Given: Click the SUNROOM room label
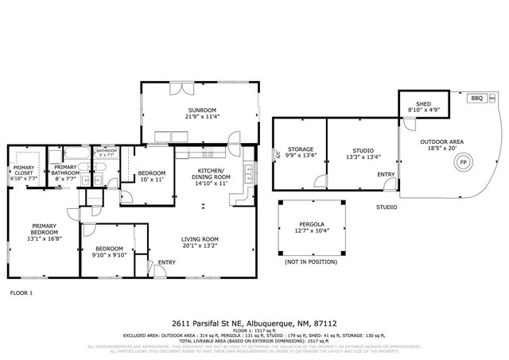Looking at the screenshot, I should (x=182, y=110).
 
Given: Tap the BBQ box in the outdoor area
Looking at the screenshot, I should (x=477, y=98).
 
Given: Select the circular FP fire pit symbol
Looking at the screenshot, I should (x=462, y=164).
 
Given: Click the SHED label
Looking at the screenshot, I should (x=420, y=103).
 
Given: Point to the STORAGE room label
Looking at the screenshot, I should (x=301, y=149).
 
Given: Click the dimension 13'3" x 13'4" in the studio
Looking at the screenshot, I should (x=363, y=157).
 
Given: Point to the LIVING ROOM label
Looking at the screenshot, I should (x=200, y=239).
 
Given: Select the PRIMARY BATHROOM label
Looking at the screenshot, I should (x=65, y=169).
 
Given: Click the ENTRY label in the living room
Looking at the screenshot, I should (x=167, y=262).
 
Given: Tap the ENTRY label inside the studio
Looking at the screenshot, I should (x=386, y=174).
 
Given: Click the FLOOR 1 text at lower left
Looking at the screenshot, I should (x=21, y=293).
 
